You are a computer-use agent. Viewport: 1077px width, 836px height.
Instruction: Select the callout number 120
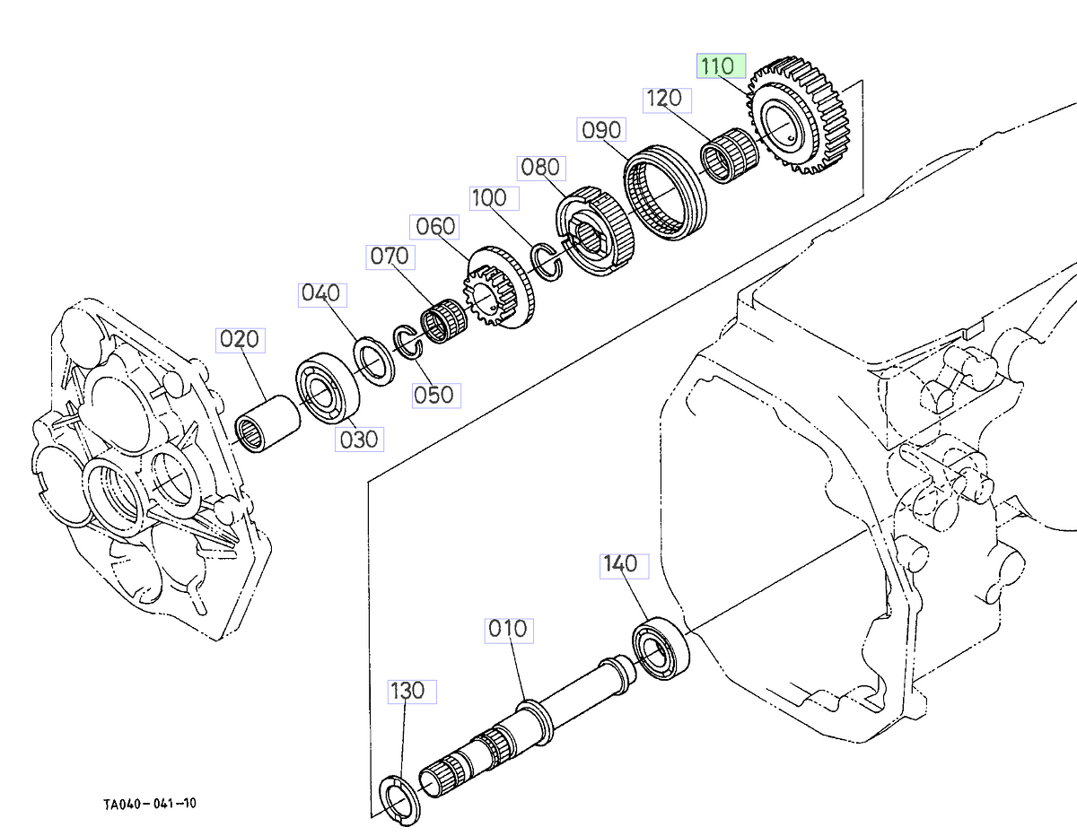tap(663, 99)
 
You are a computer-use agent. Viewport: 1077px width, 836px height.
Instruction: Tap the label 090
tap(600, 130)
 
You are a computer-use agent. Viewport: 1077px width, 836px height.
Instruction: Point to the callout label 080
tap(539, 168)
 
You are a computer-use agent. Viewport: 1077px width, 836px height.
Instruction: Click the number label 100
tap(489, 198)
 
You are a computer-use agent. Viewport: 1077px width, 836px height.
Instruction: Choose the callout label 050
tap(433, 395)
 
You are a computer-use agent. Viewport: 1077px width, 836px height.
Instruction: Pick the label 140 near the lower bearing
tap(621, 564)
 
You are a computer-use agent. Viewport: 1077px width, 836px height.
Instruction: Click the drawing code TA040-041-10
tap(150, 803)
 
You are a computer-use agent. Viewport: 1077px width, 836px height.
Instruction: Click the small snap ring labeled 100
tap(547, 260)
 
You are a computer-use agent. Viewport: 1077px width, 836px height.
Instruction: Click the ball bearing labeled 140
tap(661, 645)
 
